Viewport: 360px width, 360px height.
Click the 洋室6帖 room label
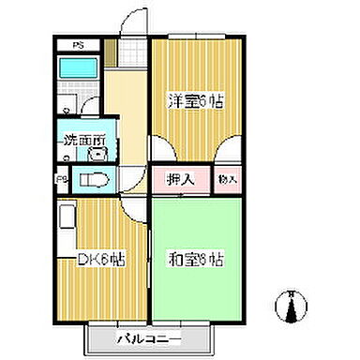pyautogui.click(x=195, y=101)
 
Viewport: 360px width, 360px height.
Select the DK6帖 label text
pyautogui.click(x=100, y=260)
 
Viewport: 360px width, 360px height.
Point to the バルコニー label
pyautogui.click(x=148, y=336)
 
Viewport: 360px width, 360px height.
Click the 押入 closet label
pyautogui.click(x=180, y=179)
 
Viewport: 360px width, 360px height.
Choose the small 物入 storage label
pyautogui.click(x=228, y=179)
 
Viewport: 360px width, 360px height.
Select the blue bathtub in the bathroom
pyautogui.click(x=78, y=68)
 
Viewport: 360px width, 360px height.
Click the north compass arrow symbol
pyautogui.click(x=290, y=304)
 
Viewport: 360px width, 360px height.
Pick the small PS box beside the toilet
pyautogui.click(x=61, y=180)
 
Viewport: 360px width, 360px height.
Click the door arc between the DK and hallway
pyautogui.click(x=137, y=207)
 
